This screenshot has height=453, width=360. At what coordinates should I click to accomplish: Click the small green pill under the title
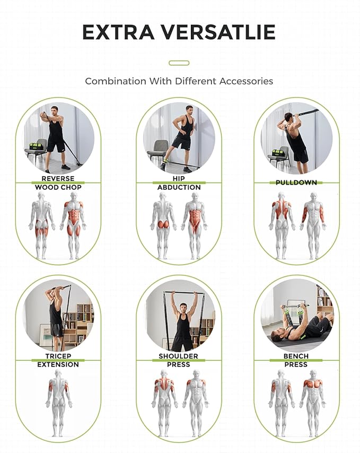click(x=179, y=63)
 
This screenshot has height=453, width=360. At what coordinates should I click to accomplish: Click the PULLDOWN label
click(x=296, y=182)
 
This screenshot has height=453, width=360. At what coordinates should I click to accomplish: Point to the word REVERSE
click(x=58, y=179)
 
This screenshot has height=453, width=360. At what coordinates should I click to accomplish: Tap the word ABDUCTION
click(x=179, y=187)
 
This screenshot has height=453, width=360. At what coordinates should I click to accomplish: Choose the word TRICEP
click(x=58, y=356)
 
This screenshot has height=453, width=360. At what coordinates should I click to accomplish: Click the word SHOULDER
click(x=179, y=356)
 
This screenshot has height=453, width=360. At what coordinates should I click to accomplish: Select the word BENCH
click(x=296, y=356)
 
